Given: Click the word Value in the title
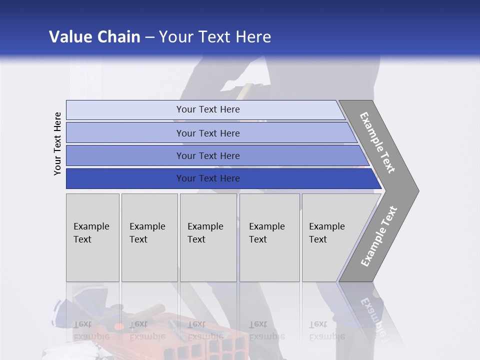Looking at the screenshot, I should (69, 37).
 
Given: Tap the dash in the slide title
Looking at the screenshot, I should (149, 37).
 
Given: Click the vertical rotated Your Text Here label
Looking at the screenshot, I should (57, 143).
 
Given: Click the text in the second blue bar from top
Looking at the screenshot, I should (208, 133).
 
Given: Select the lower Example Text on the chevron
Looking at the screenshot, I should (379, 236).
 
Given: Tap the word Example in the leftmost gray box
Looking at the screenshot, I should (91, 226).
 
